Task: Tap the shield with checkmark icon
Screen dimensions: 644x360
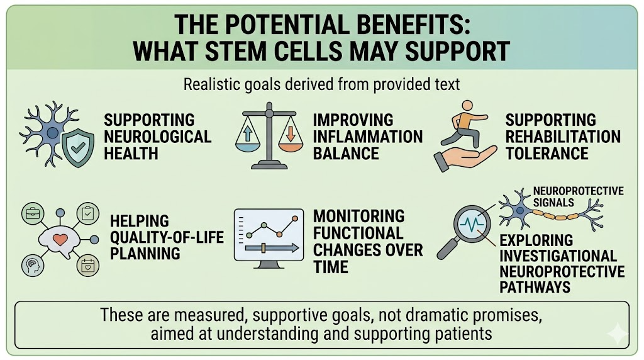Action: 78,147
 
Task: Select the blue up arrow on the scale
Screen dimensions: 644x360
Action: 248,134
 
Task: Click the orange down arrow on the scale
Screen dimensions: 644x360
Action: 290,133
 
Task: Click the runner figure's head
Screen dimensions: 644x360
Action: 467,106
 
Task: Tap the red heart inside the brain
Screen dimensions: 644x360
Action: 60,239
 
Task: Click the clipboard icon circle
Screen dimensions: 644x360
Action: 88,213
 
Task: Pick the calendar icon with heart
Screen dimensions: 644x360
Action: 88,265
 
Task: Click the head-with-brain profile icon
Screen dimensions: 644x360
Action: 33,265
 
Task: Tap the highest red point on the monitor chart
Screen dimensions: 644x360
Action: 294,218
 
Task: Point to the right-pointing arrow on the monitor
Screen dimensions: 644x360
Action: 272,248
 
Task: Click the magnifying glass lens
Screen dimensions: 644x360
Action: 472,225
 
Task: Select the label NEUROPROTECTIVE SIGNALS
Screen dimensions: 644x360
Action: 579,197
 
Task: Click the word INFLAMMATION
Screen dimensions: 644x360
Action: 367,137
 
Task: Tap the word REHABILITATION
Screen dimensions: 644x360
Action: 563,137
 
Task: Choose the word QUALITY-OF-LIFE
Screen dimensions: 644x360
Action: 167,237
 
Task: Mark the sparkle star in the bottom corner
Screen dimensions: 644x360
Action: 618,334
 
